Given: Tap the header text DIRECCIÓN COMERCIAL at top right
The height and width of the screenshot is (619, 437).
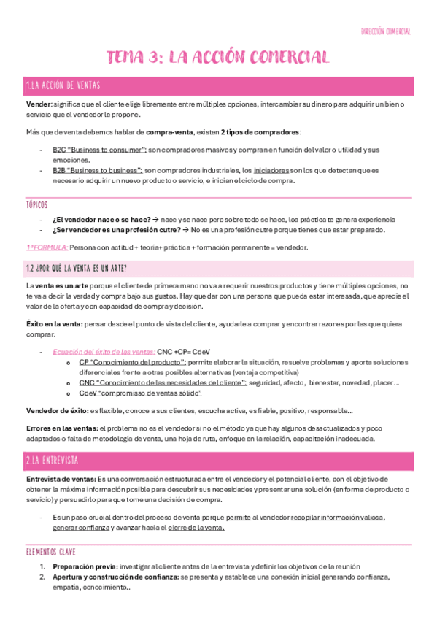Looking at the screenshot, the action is point(386,31).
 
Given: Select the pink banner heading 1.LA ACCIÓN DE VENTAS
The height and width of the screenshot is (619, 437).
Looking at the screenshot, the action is point(63,86).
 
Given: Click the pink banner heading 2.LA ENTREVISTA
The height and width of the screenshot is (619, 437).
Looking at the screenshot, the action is point(52,460).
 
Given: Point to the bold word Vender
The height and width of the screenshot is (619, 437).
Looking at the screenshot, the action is point(37,104).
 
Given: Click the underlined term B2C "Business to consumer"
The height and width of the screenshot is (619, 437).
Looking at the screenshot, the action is point(97,150).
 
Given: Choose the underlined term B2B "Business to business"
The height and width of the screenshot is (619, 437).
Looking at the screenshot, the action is point(97,170).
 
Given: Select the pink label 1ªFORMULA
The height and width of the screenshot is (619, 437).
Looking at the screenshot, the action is point(46,247).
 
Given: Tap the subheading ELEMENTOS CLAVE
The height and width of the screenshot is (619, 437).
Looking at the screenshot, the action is point(50,552).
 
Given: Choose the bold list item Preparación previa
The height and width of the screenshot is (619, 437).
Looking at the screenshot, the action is point(85,566).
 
